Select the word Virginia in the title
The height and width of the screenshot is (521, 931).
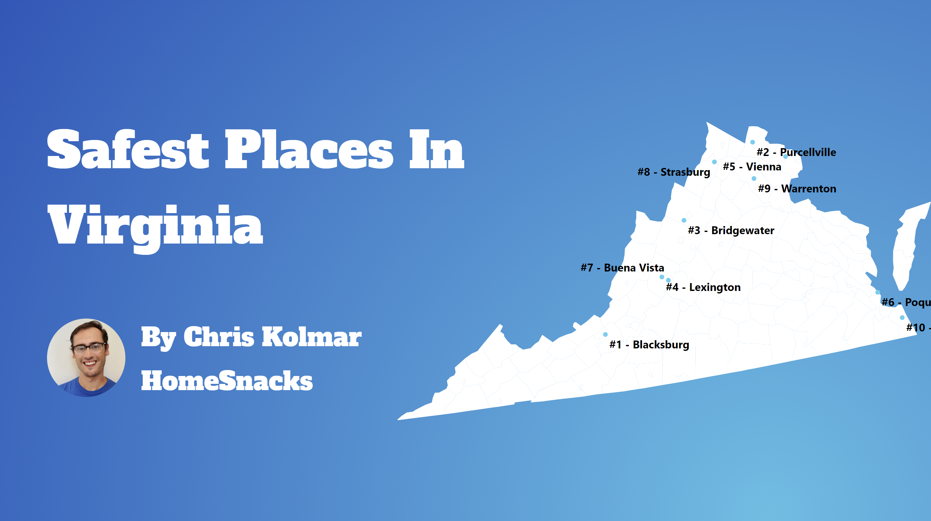[155, 226]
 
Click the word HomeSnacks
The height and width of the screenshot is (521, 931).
[227, 381]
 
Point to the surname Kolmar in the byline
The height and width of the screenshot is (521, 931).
[312, 337]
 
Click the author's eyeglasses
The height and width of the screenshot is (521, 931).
[89, 348]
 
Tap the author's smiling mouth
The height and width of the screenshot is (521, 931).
[90, 363]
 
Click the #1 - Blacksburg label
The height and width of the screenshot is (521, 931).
[649, 344]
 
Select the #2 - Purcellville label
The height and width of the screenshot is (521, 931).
[796, 152]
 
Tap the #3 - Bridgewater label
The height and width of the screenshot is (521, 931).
[731, 230]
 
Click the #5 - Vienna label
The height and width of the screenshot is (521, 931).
[752, 167]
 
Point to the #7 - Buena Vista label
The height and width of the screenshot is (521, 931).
[622, 268]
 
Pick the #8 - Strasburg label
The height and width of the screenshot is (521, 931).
[673, 172]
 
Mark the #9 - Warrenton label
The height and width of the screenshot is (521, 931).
[797, 189]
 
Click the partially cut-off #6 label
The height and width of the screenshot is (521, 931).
[906, 302]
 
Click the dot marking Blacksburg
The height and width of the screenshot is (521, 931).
[605, 334]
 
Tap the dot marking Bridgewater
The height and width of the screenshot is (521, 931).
[684, 220]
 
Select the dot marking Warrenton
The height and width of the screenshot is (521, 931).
[754, 178]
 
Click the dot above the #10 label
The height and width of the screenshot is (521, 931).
[902, 318]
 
